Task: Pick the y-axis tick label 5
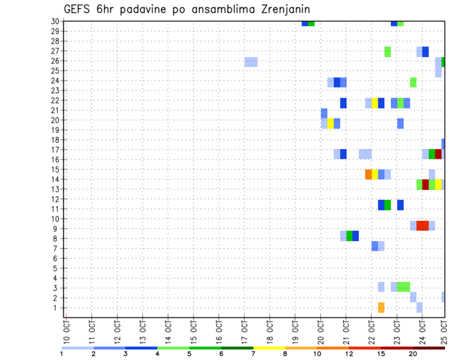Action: (x=57, y=268)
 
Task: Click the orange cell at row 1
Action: (x=381, y=307)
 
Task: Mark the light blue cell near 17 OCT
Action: (x=251, y=62)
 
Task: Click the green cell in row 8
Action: (x=349, y=236)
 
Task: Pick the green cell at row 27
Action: (x=387, y=51)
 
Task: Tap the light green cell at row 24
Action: (x=413, y=82)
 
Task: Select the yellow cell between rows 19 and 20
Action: (x=331, y=123)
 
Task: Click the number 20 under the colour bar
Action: (x=413, y=353)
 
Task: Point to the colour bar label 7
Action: (x=253, y=353)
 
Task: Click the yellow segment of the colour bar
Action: (x=269, y=347)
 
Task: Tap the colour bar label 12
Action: (x=349, y=353)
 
